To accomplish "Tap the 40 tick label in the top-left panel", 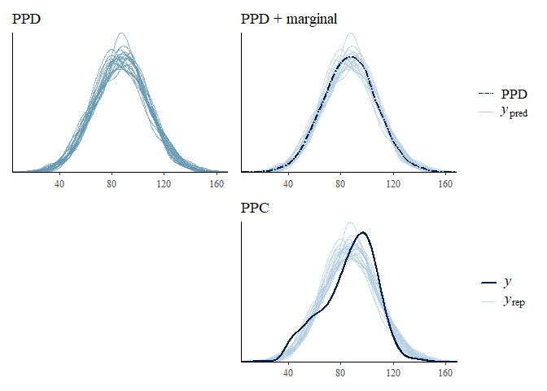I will tap(59, 184).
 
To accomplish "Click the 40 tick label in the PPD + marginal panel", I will tap(289, 184).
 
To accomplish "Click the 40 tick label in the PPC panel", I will tap(289, 372).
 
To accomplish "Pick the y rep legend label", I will tap(514, 301).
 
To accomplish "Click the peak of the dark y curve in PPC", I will tap(362, 232).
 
